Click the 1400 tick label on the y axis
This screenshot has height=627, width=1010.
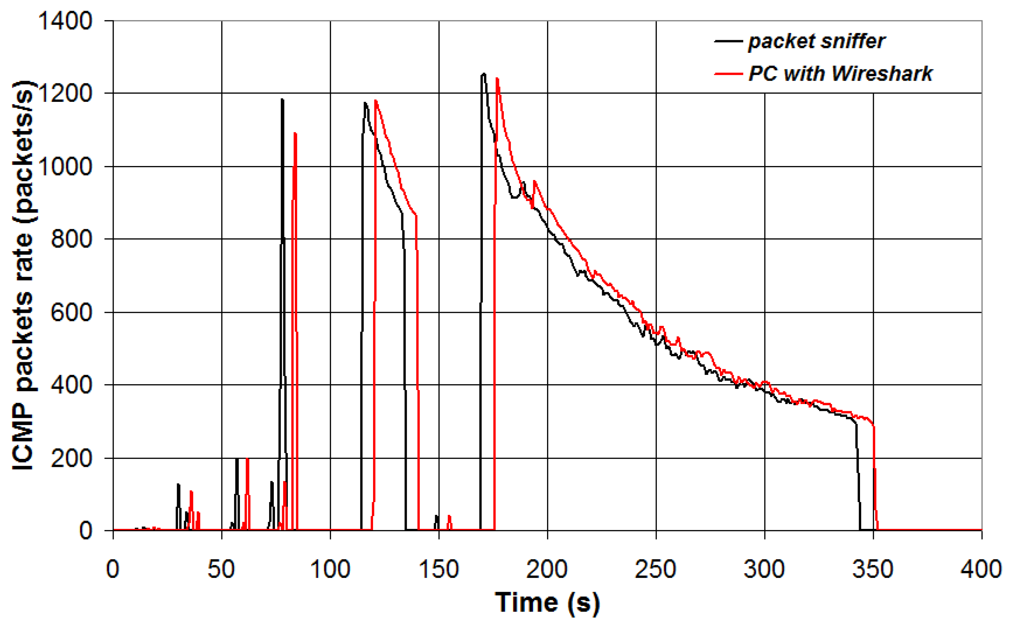(65, 21)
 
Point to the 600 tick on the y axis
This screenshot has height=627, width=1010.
(71, 312)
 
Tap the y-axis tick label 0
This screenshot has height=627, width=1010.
(85, 530)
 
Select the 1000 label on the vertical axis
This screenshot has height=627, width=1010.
(65, 167)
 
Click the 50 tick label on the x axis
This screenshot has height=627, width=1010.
(221, 569)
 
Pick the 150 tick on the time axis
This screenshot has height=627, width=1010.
(439, 569)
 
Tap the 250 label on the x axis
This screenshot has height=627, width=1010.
(656, 569)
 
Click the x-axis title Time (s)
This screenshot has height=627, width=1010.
(547, 603)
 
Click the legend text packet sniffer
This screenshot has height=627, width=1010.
(816, 41)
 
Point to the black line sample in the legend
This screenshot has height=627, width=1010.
(728, 41)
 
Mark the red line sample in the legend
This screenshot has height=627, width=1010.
(728, 74)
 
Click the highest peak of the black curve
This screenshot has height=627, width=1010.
(483, 74)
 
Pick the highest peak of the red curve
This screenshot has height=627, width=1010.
(497, 78)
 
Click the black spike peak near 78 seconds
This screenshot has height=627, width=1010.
(282, 99)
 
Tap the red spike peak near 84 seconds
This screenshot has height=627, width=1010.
(295, 133)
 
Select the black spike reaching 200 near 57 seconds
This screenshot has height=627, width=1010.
(237, 459)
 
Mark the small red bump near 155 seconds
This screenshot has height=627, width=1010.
(449, 516)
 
